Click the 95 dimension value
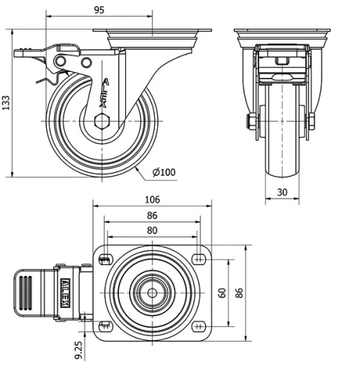click(99, 9)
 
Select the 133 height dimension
click(7, 103)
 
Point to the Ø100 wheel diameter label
click(165, 172)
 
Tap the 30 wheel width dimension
click(283, 192)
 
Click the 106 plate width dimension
click(152, 200)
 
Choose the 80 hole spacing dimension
click(152, 231)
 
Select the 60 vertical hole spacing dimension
click(222, 293)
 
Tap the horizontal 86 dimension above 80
click(152, 215)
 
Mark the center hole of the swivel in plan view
click(152, 293)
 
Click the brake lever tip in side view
click(20, 50)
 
